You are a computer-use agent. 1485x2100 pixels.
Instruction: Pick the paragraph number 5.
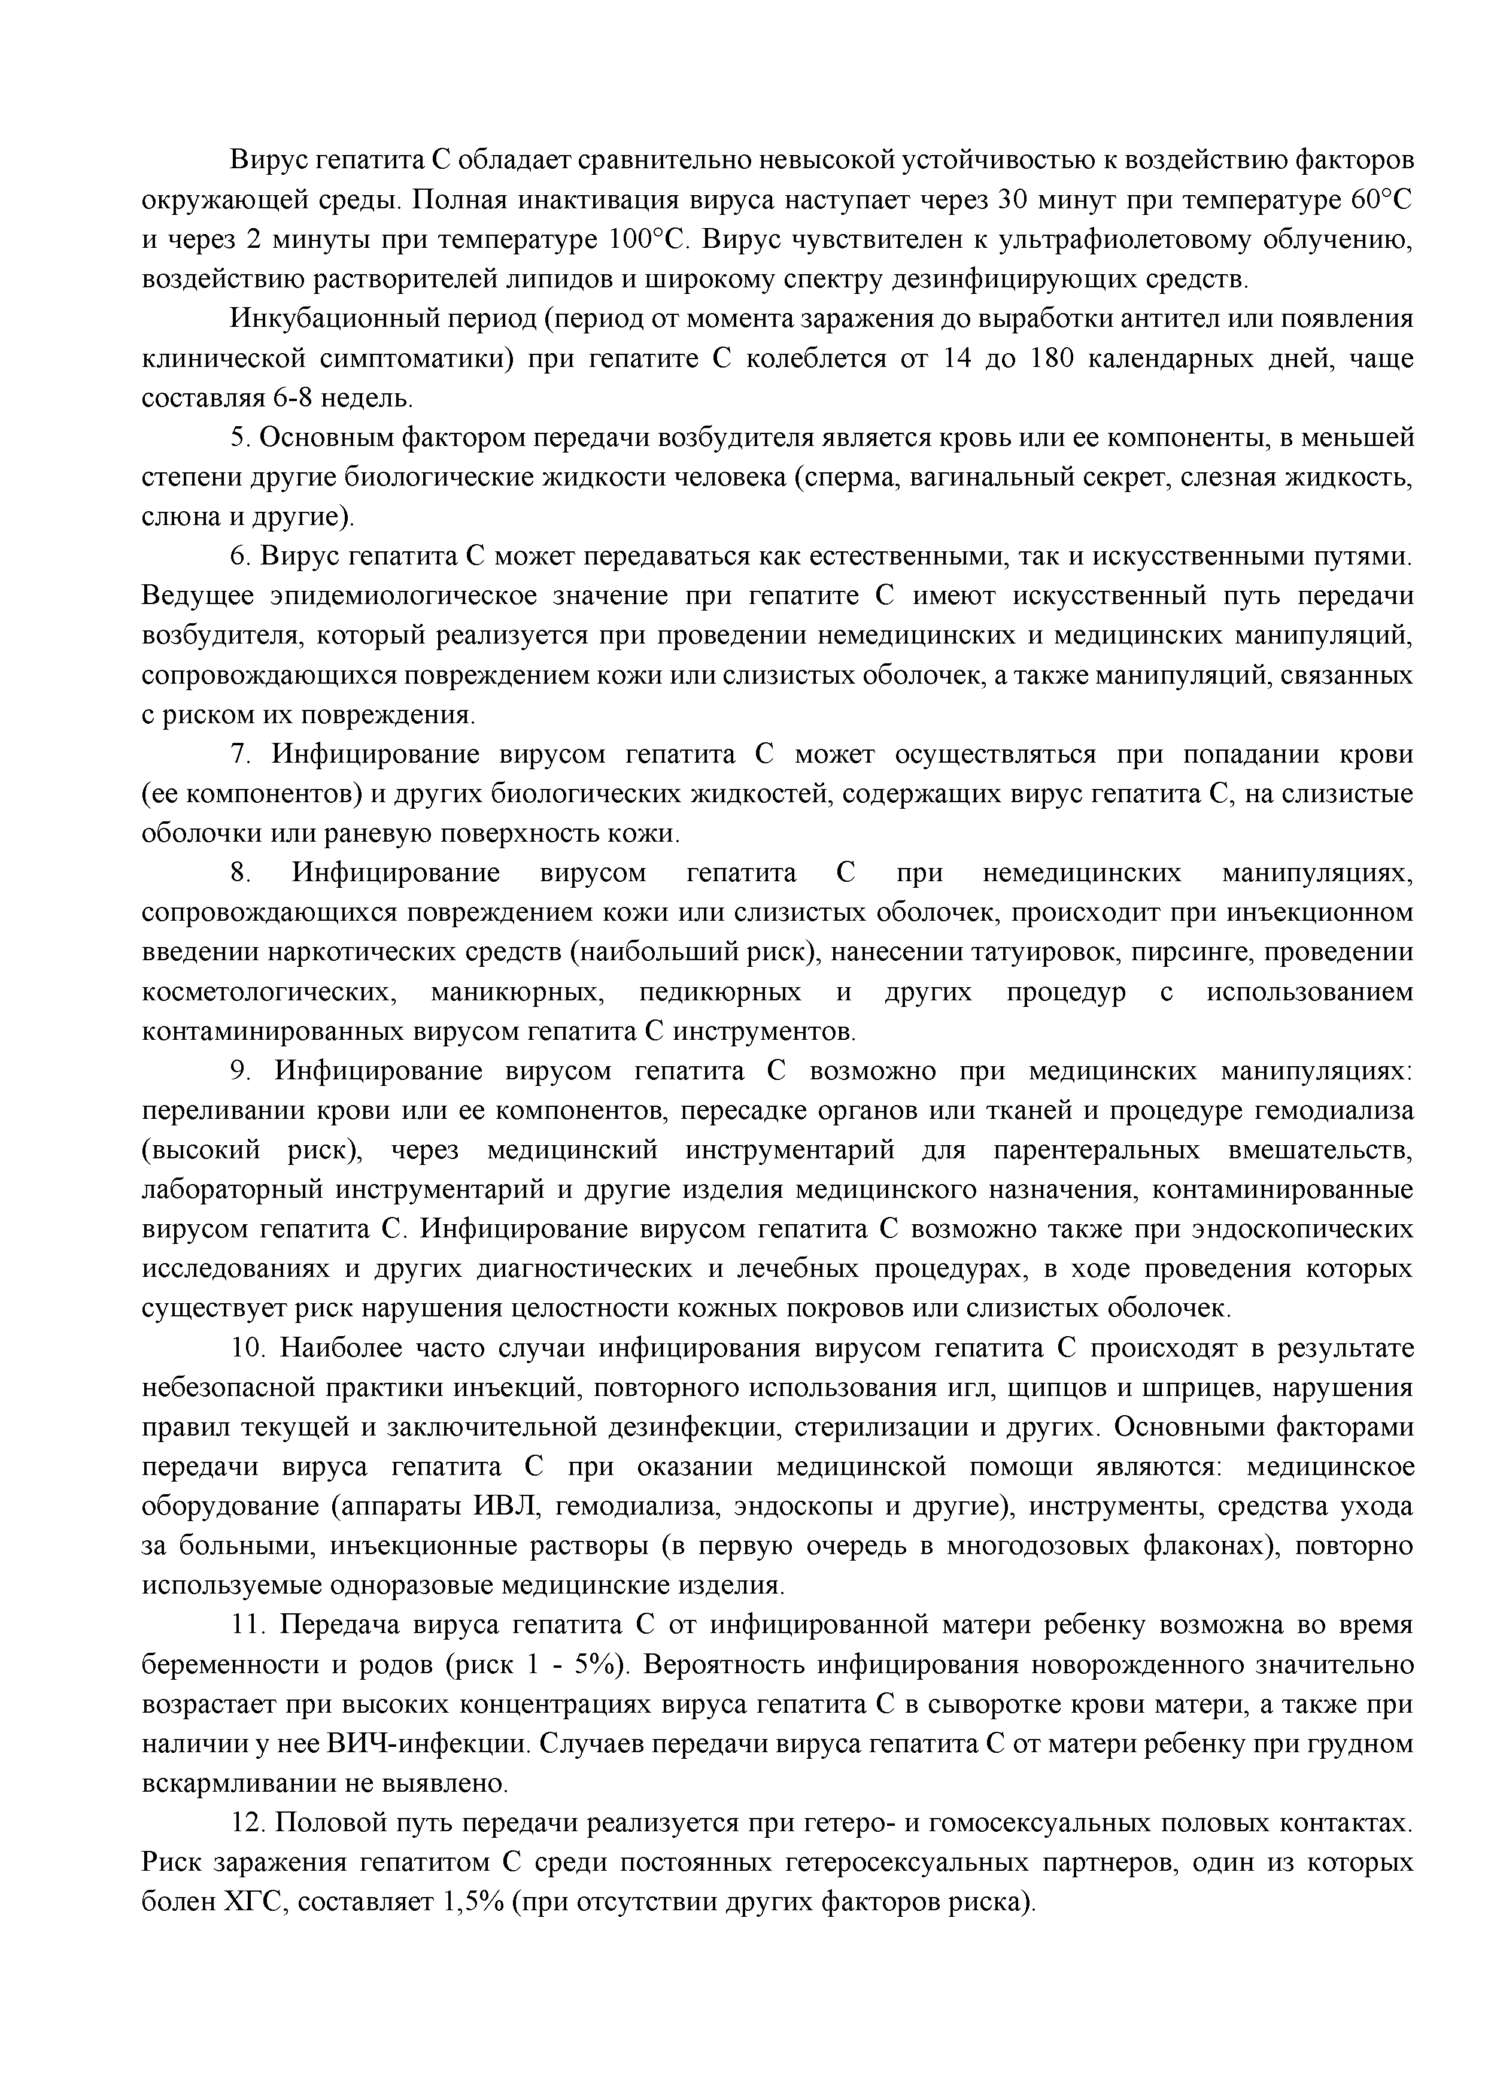point(239,438)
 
